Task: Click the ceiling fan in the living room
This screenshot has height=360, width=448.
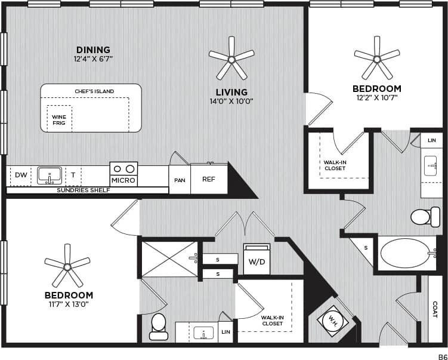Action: (x=231, y=58)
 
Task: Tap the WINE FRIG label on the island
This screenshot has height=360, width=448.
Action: (x=58, y=119)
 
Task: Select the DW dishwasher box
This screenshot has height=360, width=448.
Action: (x=21, y=175)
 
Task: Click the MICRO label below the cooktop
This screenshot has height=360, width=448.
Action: (x=123, y=180)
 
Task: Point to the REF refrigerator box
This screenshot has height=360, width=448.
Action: (x=209, y=179)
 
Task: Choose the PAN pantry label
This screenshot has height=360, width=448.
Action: (x=180, y=180)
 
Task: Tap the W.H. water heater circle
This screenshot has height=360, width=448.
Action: (x=333, y=321)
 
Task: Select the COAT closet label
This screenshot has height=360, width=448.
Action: (x=435, y=309)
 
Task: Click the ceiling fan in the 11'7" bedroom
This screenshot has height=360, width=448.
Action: (x=67, y=266)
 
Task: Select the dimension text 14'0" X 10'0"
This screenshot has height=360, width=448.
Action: (x=231, y=101)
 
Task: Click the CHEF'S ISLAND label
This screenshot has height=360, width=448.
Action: (x=94, y=91)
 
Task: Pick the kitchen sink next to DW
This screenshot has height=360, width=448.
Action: (x=49, y=175)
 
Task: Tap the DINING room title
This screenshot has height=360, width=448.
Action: (x=93, y=50)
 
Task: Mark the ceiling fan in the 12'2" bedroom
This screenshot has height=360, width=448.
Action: (x=376, y=58)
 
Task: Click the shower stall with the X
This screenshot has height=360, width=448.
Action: (x=169, y=259)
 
